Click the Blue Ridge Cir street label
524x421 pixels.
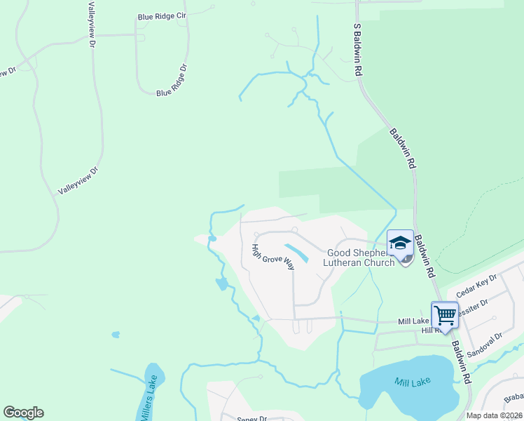pyautogui.click(x=162, y=15)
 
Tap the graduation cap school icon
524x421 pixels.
pyautogui.click(x=400, y=243)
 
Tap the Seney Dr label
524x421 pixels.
pyautogui.click(x=252, y=418)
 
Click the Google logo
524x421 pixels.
pyautogui.click(x=23, y=413)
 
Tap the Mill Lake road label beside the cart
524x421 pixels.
pyautogui.click(x=413, y=321)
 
